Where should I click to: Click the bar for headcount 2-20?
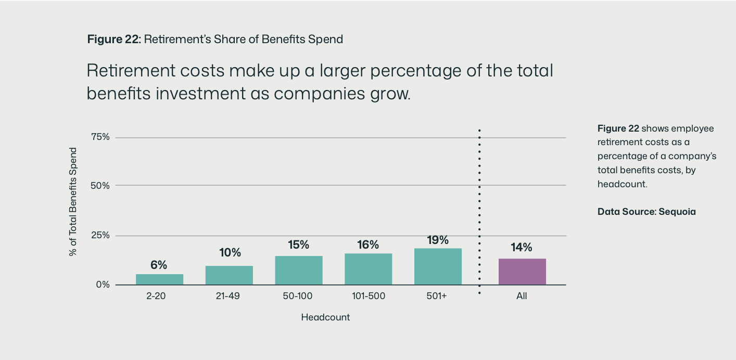click(x=159, y=279)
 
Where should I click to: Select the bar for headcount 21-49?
click(x=229, y=275)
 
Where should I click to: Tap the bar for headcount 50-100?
click(x=299, y=271)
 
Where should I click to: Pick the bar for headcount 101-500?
click(x=368, y=269)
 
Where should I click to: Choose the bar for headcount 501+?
click(x=438, y=266)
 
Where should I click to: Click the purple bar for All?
click(x=522, y=272)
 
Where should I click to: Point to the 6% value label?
click(x=159, y=265)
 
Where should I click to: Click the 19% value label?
click(x=438, y=240)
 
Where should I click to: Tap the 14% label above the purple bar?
click(x=522, y=248)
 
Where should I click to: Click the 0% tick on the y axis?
click(x=103, y=285)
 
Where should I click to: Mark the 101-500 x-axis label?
click(x=368, y=297)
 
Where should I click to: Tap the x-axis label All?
click(x=522, y=297)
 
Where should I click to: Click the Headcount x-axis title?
click(x=325, y=317)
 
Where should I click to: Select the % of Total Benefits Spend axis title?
click(x=73, y=202)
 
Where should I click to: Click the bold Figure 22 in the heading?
click(x=113, y=39)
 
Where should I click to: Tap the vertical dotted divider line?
click(x=479, y=208)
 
